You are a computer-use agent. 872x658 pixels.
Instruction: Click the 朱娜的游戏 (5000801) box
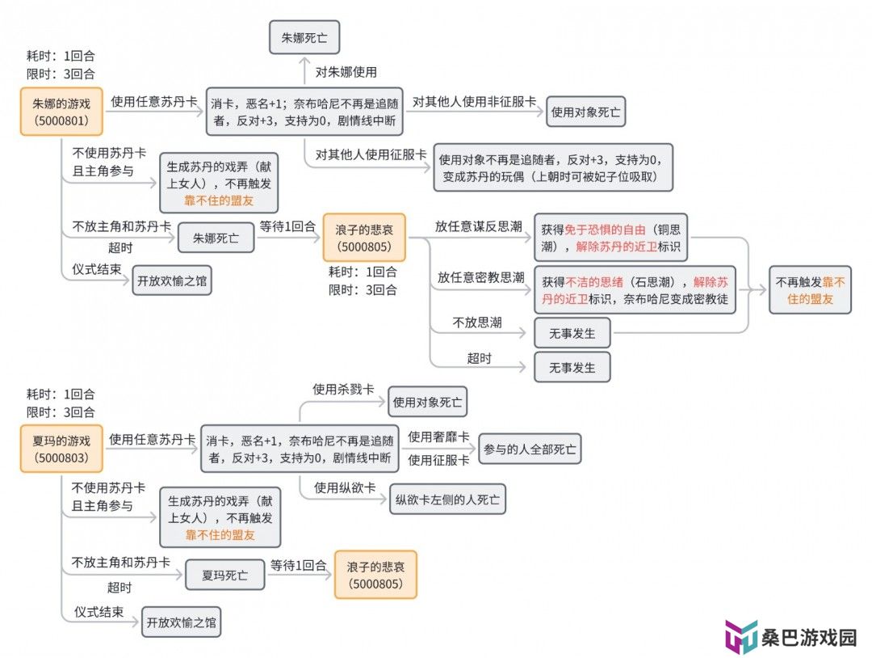(x=61, y=112)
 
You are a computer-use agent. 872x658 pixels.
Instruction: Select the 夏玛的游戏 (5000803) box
(x=61, y=449)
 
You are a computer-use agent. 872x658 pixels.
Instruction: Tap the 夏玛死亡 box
(x=224, y=575)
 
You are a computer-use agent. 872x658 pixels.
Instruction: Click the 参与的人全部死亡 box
(x=530, y=449)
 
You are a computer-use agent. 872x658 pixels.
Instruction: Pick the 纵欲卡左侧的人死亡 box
(x=447, y=500)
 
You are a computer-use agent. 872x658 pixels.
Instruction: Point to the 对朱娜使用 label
(x=346, y=72)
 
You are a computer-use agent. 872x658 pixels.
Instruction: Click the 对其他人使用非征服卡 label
(x=474, y=101)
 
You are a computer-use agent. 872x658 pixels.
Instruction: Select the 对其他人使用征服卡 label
(x=371, y=154)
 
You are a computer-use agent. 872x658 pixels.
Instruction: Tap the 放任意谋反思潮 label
(x=478, y=226)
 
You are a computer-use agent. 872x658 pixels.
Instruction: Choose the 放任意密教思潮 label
(x=480, y=276)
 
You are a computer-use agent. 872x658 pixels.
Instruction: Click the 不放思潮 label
(x=477, y=323)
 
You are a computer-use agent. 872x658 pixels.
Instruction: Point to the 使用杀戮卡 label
(x=343, y=389)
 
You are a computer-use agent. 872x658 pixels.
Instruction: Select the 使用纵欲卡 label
(x=345, y=487)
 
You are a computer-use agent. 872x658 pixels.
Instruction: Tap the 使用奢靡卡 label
(x=438, y=437)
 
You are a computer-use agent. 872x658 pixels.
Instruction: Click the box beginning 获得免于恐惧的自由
(x=610, y=238)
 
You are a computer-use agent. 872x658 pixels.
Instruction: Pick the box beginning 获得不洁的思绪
(x=635, y=290)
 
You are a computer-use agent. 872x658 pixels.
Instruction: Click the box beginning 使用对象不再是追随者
(x=553, y=167)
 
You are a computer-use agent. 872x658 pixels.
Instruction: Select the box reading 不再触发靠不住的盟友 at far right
(x=811, y=290)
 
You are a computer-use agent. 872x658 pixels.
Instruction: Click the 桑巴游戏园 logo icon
(x=740, y=635)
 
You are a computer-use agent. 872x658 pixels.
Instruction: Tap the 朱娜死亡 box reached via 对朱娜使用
(x=304, y=37)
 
